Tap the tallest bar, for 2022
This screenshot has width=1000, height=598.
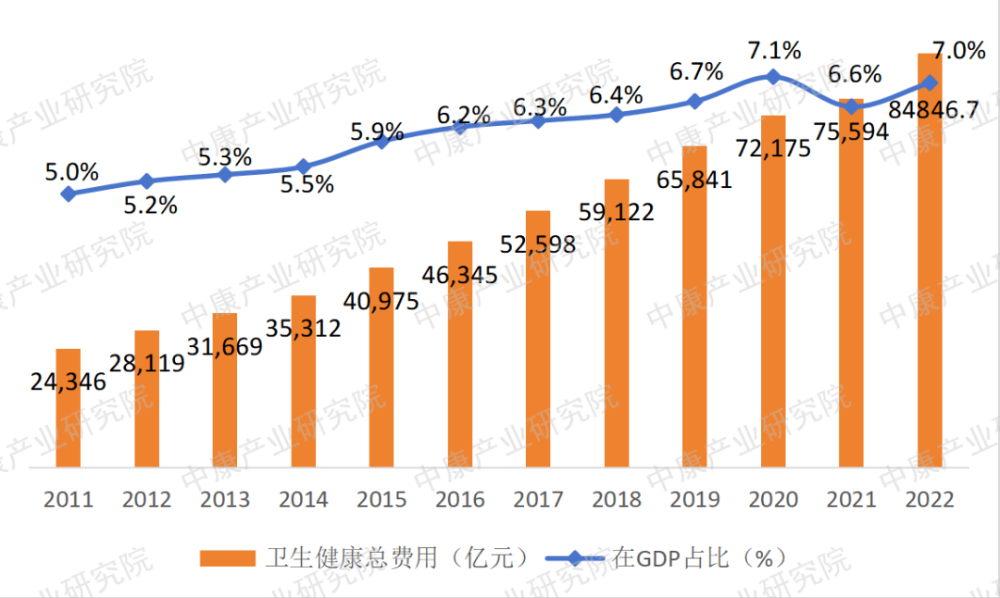[930, 259]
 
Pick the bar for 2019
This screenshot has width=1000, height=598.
[694, 305]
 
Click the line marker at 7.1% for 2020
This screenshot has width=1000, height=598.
[773, 77]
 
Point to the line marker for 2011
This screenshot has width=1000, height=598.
[69, 193]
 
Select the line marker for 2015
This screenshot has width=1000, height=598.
[381, 141]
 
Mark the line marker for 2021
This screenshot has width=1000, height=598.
[851, 107]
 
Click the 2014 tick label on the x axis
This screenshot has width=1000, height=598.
[303, 500]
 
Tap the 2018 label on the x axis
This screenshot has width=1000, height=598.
[616, 500]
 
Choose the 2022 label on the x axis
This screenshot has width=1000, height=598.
[929, 500]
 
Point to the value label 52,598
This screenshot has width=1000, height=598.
[537, 244]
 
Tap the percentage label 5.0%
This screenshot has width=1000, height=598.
[70, 171]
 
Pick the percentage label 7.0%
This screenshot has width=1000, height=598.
[959, 51]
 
